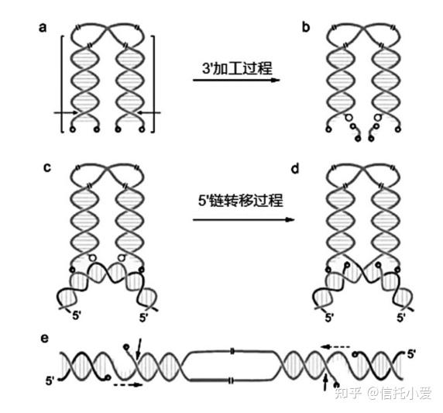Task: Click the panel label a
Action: pyautogui.click(x=43, y=28)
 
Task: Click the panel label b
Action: pyautogui.click(x=306, y=27)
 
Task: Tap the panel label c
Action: pyautogui.click(x=47, y=167)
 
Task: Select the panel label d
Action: pyautogui.click(x=295, y=169)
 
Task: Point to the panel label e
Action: pyautogui.click(x=45, y=338)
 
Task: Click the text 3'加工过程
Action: pyautogui.click(x=237, y=68)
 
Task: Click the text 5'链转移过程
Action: pyautogui.click(x=240, y=201)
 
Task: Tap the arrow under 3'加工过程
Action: pyautogui.click(x=236, y=80)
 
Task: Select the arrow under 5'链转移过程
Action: pyautogui.click(x=243, y=219)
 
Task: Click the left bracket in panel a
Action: pyautogui.click(x=61, y=84)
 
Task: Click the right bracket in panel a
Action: pyautogui.click(x=153, y=84)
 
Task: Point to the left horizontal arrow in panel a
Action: pyautogui.click(x=66, y=113)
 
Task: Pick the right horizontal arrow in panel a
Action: pyautogui.click(x=149, y=113)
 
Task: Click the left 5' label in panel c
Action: pyautogui.click(x=77, y=315)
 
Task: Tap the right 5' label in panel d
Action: pyautogui.click(x=401, y=318)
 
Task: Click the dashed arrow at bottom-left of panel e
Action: pyautogui.click(x=128, y=384)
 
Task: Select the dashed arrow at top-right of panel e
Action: pyautogui.click(x=335, y=346)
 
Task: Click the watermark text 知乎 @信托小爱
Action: pyautogui.click(x=383, y=393)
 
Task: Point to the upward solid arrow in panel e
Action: pyautogui.click(x=325, y=382)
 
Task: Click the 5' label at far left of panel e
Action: pyautogui.click(x=50, y=380)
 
